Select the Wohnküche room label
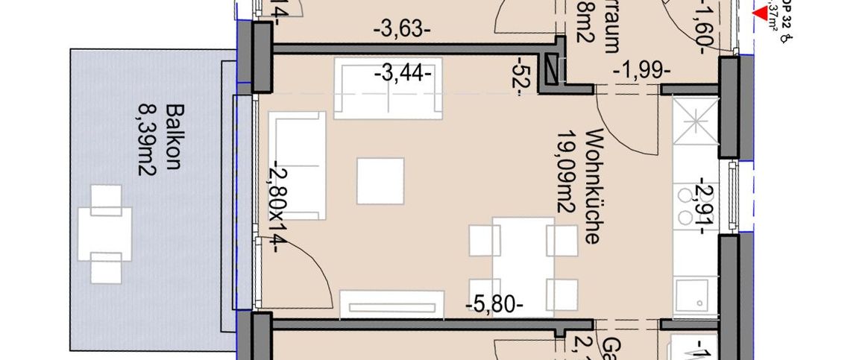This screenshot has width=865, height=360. click(594, 186)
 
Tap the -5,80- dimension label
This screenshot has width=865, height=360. click(494, 304)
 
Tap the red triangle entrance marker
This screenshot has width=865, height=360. click(761, 13)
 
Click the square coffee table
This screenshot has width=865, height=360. click(380, 180)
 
